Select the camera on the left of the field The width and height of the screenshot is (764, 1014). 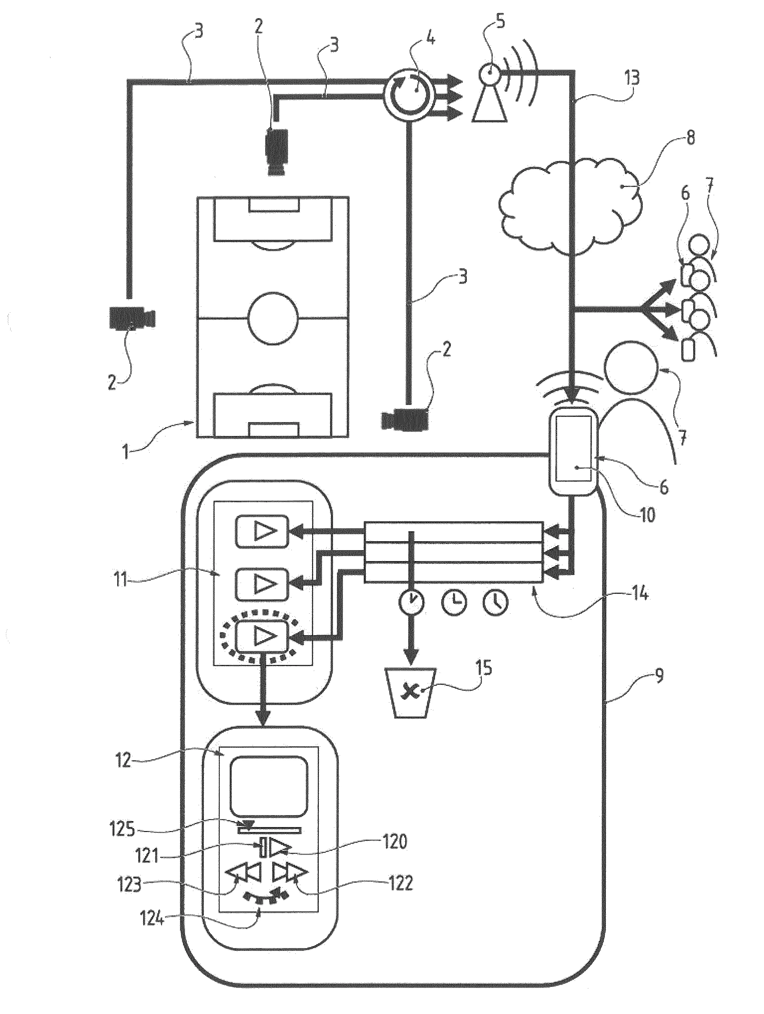click(132, 318)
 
